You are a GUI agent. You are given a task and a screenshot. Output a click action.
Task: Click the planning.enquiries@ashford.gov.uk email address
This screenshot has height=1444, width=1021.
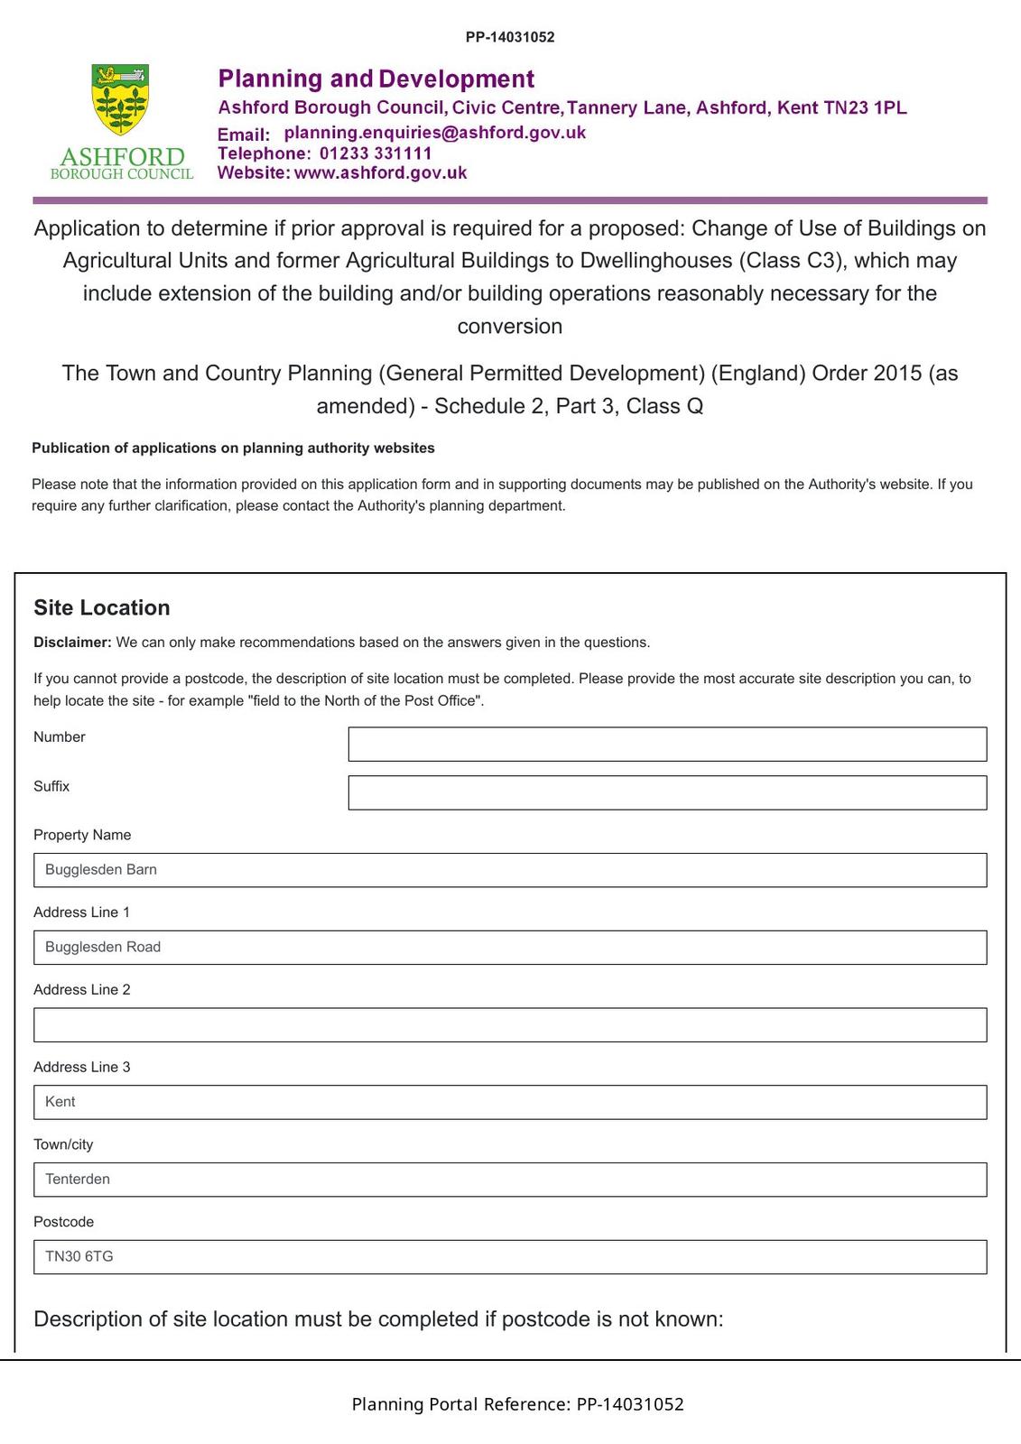[434, 133]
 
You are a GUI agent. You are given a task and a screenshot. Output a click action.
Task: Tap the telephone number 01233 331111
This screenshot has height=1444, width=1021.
[376, 153]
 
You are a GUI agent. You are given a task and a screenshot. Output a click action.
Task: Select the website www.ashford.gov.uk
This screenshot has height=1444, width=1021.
[380, 172]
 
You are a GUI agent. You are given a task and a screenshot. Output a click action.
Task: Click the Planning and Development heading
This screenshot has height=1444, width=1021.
[376, 79]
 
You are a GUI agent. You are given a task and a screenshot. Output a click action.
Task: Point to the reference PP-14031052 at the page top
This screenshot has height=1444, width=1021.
[510, 37]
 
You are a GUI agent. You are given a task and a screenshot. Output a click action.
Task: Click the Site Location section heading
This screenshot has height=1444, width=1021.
[102, 607]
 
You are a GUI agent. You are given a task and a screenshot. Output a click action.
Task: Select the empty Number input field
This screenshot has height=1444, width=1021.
[667, 745]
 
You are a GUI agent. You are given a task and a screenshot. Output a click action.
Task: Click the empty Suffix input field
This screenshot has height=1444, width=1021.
[667, 792]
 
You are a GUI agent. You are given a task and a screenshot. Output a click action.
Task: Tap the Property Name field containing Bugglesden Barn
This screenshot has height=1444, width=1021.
[510, 870]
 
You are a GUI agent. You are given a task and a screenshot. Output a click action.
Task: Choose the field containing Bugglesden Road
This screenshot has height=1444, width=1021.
[510, 948]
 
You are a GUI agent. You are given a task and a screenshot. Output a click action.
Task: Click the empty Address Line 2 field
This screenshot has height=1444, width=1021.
[510, 1025]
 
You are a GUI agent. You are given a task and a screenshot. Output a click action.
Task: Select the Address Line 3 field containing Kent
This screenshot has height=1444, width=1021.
[510, 1102]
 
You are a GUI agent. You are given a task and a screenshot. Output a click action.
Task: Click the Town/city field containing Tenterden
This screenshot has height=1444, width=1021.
[510, 1180]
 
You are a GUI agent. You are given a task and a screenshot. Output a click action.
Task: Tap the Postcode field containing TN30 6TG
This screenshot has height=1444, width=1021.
[510, 1257]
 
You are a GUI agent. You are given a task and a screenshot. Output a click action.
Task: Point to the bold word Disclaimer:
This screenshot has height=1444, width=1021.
[72, 643]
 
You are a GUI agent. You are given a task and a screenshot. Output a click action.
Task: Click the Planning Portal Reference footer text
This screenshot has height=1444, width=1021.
[517, 1404]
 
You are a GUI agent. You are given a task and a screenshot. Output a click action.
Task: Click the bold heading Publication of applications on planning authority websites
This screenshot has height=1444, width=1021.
[233, 448]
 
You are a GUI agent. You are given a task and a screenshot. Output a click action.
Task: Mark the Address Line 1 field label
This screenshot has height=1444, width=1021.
[81, 912]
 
